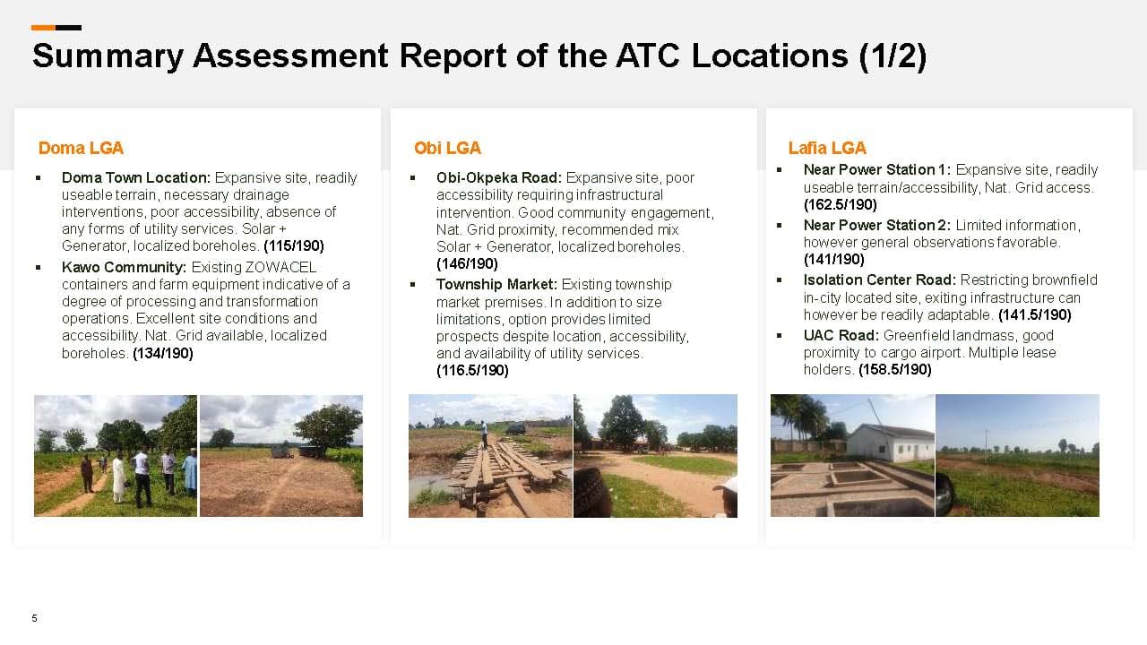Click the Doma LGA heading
(x=81, y=148)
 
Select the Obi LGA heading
(x=447, y=148)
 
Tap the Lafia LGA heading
(x=827, y=148)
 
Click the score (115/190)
(x=294, y=245)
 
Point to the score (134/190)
(x=163, y=353)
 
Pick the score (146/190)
(x=467, y=263)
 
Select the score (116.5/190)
(x=472, y=370)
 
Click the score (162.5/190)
(x=841, y=205)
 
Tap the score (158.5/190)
(x=895, y=370)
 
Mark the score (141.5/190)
(x=1035, y=314)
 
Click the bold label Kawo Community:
(x=124, y=267)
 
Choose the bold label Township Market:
(x=496, y=284)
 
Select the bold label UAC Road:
(x=841, y=335)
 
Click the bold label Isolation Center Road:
(x=880, y=280)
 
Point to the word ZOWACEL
(x=280, y=267)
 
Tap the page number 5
(x=34, y=618)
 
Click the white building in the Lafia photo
(x=890, y=442)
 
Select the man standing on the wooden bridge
(x=483, y=434)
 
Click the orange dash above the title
(x=43, y=28)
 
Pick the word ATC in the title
(x=648, y=56)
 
